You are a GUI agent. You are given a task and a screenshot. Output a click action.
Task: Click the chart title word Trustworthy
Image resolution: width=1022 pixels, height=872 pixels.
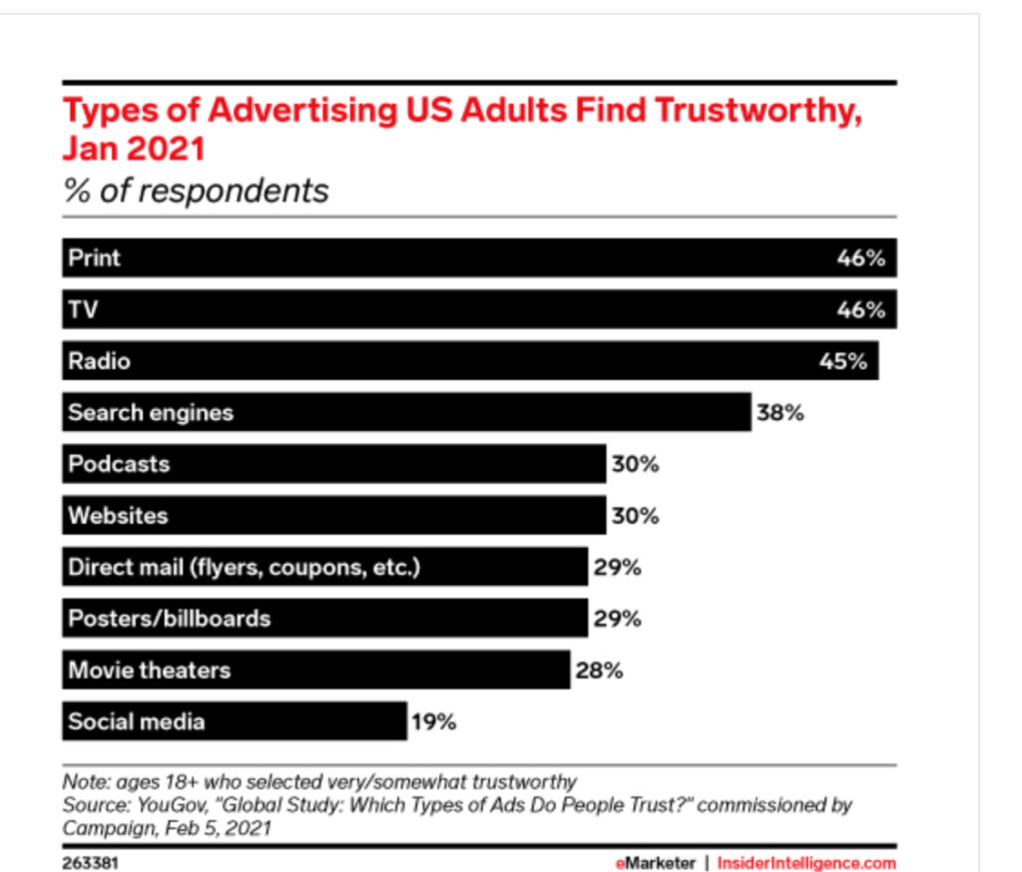[x=758, y=111]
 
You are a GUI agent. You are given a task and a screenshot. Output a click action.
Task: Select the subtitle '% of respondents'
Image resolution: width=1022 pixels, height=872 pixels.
[x=196, y=190]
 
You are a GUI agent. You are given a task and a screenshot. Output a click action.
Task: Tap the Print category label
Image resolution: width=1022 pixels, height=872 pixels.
[x=94, y=257]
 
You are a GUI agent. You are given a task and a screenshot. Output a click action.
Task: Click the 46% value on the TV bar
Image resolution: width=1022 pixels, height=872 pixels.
[x=860, y=309]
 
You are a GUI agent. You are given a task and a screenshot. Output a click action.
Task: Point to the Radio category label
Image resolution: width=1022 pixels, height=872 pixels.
[x=99, y=360]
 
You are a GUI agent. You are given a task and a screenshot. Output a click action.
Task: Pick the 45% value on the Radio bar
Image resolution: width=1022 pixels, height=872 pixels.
[x=843, y=361]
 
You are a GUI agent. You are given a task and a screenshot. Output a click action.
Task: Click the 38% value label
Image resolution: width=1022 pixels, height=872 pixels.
[x=779, y=412]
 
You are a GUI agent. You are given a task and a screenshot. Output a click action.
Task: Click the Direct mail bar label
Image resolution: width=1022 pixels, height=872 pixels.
[x=245, y=568]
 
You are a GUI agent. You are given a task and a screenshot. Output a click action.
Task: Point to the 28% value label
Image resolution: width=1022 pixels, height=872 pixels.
[x=599, y=670]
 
